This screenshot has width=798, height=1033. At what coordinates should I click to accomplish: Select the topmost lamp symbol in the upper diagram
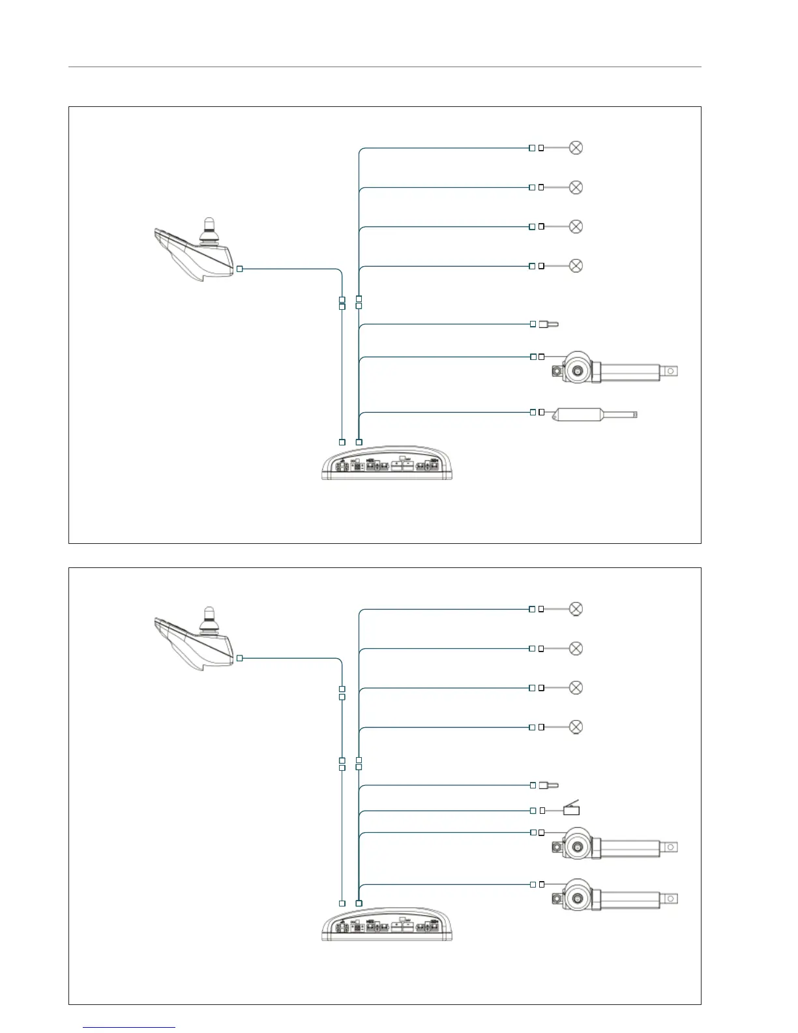(x=576, y=147)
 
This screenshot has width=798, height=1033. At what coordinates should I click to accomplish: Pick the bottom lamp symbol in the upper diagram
(x=576, y=265)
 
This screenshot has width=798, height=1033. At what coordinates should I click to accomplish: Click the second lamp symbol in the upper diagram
(x=576, y=187)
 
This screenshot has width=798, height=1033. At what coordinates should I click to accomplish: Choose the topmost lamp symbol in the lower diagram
(x=576, y=608)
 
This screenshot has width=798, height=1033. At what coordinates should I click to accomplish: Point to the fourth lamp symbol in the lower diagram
(x=576, y=726)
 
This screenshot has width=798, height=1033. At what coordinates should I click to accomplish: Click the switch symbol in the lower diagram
(x=571, y=809)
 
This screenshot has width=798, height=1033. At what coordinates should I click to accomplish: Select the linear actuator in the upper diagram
(x=613, y=370)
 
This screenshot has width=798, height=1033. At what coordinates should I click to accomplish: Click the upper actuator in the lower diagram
(x=613, y=846)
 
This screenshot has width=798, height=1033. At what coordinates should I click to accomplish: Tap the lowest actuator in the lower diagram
(x=613, y=897)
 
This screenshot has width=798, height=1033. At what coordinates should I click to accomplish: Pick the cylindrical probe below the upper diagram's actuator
(x=593, y=413)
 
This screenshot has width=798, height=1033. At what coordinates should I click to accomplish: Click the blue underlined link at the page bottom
(x=130, y=1027)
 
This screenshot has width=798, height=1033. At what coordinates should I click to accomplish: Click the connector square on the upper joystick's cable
(x=240, y=269)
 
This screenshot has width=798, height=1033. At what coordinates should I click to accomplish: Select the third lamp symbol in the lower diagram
(x=576, y=687)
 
